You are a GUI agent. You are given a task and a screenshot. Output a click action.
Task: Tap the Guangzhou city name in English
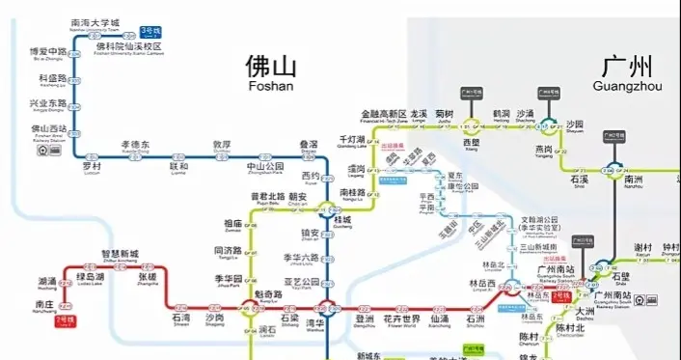pos(628,86)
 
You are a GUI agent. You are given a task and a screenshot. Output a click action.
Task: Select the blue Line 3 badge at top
pos(151,32)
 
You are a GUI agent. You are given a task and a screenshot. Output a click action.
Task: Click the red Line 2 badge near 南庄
pos(65,318)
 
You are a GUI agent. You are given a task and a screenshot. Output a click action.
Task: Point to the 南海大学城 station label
pos(96,21)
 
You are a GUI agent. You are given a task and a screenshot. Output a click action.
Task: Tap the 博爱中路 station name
pos(47,51)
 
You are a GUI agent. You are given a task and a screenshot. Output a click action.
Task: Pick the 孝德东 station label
pos(135,144)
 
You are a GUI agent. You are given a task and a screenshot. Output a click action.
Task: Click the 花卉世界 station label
pos(401,318)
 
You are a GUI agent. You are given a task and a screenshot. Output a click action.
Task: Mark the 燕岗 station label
pos(543,149)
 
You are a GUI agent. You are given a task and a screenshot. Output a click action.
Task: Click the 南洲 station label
pos(634,180)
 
